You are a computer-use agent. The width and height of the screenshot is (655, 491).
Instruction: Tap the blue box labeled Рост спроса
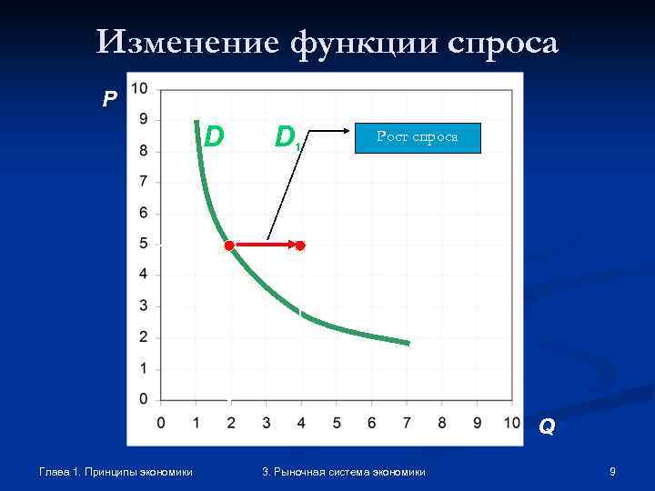tap(418, 137)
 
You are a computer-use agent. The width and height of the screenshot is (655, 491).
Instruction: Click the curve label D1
tap(287, 137)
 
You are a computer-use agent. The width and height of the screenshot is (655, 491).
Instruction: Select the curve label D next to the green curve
tap(214, 135)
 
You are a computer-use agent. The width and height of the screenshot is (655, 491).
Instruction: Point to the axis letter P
tap(110, 99)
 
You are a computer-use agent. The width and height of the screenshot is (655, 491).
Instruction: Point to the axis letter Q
tap(546, 426)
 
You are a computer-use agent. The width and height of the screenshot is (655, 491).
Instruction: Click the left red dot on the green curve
tap(229, 245)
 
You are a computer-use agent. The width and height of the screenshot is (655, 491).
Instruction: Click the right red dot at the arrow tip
tap(300, 245)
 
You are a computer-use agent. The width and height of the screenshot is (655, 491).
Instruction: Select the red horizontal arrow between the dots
tap(265, 245)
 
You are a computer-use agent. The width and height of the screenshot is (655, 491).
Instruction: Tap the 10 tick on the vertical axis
tap(140, 88)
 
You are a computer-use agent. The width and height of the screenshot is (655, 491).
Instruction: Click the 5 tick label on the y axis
tap(144, 243)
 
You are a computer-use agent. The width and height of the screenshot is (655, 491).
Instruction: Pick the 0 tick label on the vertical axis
tap(144, 399)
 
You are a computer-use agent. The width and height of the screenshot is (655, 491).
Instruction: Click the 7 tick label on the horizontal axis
tap(407, 423)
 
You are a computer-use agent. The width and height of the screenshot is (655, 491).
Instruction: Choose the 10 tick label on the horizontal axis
tap(511, 423)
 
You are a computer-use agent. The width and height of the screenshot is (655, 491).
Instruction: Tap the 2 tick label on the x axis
tap(230, 423)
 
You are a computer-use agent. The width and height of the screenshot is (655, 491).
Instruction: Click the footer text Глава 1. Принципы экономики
tap(116, 471)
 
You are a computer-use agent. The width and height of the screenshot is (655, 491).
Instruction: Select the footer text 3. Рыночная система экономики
tap(343, 471)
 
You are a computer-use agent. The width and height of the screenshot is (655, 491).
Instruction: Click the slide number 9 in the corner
tap(613, 471)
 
